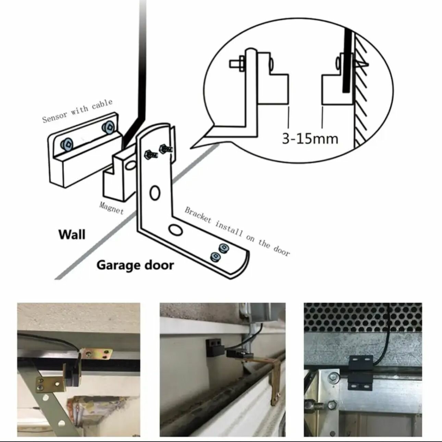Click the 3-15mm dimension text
[x=310, y=138]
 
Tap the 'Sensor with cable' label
[x=77, y=111]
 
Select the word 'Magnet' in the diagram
[x=111, y=207]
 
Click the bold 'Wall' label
[x=72, y=235]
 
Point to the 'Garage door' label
[x=135, y=265]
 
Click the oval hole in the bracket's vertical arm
[x=155, y=193]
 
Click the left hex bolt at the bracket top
[x=151, y=154]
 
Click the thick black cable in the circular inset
[x=348, y=62]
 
